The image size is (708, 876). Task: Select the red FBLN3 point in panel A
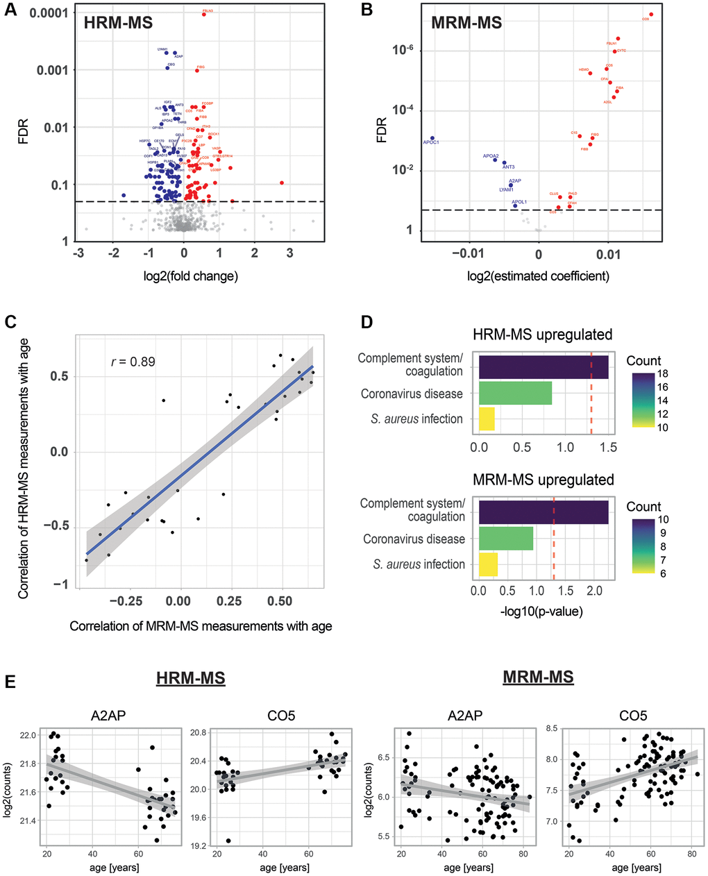204,14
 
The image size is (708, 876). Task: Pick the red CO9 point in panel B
651,15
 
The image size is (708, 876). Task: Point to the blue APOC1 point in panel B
432,138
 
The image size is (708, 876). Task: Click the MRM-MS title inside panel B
466,23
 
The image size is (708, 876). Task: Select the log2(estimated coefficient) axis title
539,276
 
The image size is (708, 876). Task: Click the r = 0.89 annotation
133,362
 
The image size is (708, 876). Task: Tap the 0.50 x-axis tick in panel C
281,600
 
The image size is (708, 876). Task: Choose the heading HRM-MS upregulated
543,335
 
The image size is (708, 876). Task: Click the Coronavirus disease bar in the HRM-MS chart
515,393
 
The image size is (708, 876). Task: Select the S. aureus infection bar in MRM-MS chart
488,564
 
